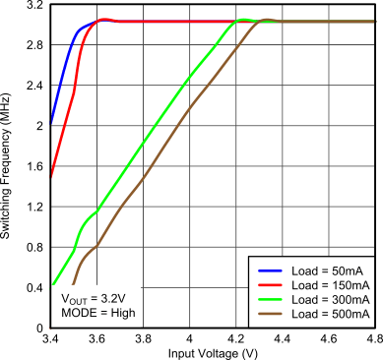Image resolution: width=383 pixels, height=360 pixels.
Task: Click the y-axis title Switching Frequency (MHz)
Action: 9,165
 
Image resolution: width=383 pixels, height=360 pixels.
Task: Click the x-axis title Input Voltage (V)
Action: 212,351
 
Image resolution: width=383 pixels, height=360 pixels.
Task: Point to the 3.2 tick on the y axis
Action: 32,6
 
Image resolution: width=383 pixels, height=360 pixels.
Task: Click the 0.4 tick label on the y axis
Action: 32,287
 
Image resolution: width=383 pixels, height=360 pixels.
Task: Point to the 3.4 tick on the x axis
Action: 50,337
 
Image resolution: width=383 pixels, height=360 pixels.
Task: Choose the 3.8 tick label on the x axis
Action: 144,337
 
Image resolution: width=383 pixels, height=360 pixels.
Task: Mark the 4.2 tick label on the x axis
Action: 236,337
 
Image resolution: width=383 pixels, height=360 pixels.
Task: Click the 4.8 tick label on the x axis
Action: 374,337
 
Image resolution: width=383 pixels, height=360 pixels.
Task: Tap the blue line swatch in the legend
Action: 269,270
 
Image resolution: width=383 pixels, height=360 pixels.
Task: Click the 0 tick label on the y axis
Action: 40,328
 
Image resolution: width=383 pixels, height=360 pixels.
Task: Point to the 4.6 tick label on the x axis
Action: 330,337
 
